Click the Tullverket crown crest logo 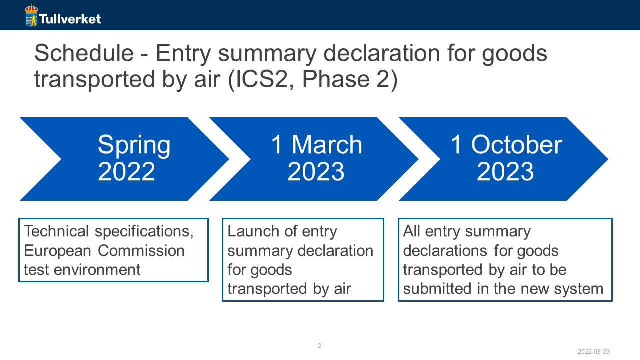click(x=31, y=15)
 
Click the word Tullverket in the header click(x=70, y=19)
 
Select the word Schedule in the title click(x=84, y=53)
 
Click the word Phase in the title click(x=336, y=79)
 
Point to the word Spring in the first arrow click(x=134, y=145)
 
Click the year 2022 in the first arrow click(x=126, y=171)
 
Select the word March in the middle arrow click(x=327, y=145)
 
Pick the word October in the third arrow click(x=516, y=145)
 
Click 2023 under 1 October click(x=505, y=171)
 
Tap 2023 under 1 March click(x=316, y=171)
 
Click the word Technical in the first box click(x=56, y=231)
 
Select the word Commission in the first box click(x=141, y=251)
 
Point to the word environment click(x=97, y=270)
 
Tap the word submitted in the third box click(x=437, y=288)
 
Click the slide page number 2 click(x=319, y=345)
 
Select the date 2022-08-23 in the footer click(x=593, y=351)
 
